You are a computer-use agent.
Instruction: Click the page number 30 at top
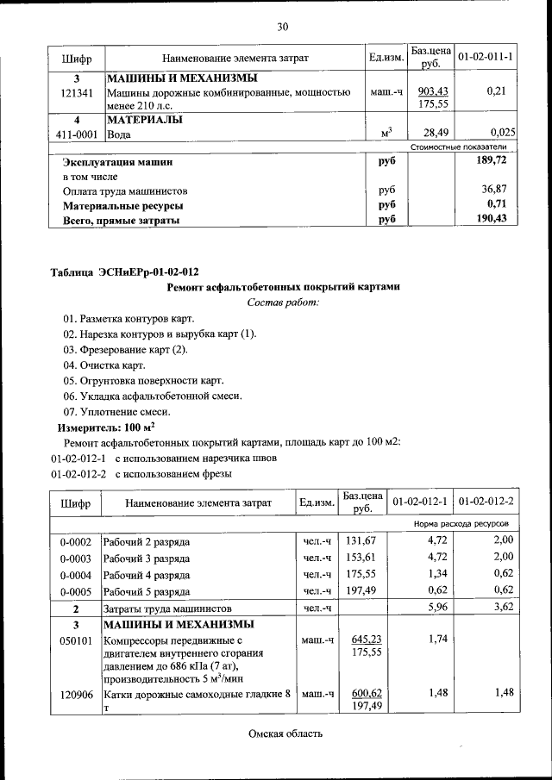[x=282, y=27]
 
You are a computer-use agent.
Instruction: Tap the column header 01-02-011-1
[x=486, y=57]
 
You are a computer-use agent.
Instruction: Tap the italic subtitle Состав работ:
[x=282, y=303]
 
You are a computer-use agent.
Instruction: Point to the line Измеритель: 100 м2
[x=106, y=427]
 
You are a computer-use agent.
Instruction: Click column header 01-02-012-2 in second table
[x=486, y=502]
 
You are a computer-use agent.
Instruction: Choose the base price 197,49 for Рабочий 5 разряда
[x=363, y=590]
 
